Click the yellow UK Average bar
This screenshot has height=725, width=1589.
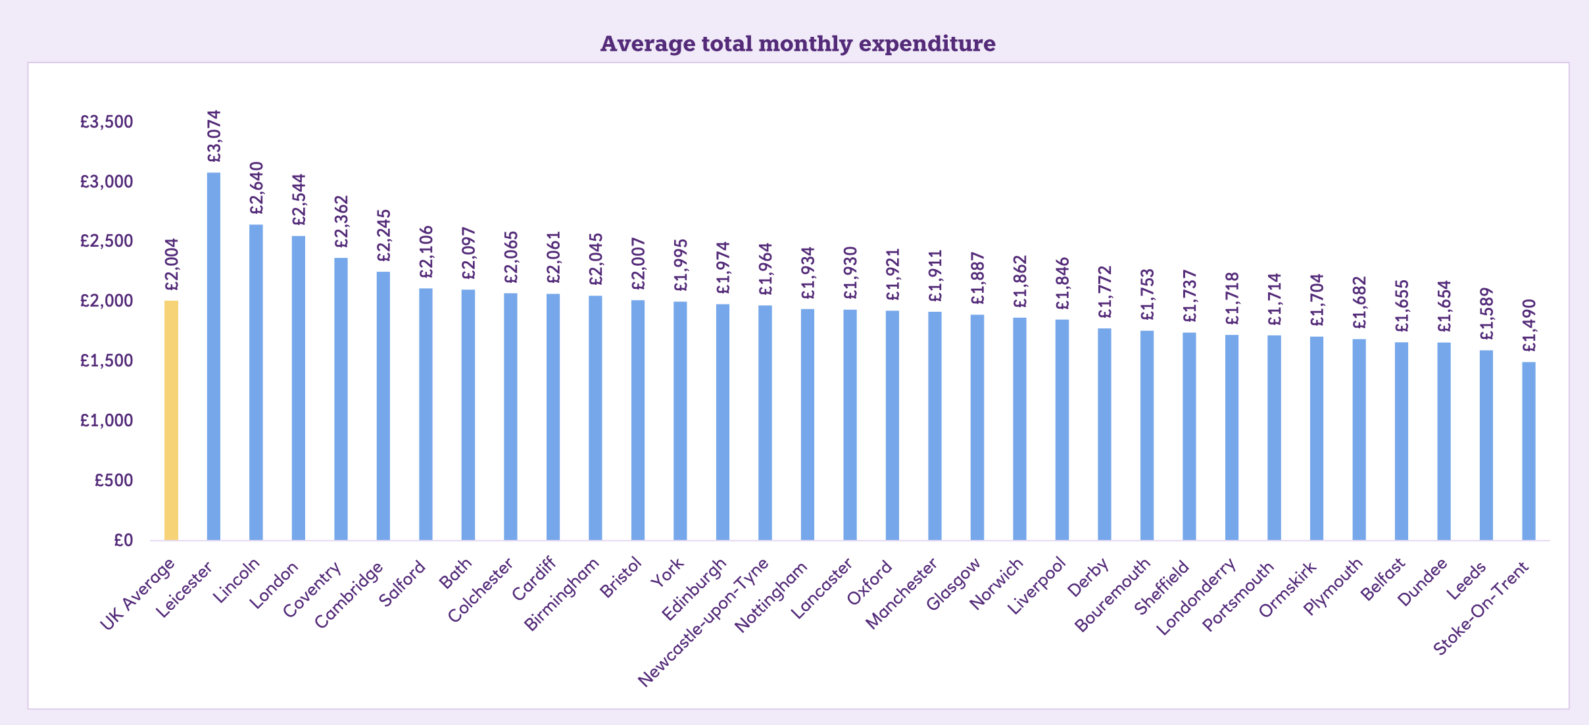point(171,421)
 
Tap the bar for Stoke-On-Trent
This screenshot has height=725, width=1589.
point(1528,451)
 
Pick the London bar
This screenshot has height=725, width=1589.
point(299,388)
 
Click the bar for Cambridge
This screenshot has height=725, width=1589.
point(383,406)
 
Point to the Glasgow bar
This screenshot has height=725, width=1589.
point(977,428)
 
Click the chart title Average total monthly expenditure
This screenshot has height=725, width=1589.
point(798,43)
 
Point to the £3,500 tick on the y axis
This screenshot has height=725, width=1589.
point(107,122)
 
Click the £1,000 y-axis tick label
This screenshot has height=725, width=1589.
point(107,420)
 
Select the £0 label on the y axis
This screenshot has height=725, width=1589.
point(123,540)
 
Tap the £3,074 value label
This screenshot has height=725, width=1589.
point(214,136)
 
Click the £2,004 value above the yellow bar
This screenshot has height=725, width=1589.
point(172,264)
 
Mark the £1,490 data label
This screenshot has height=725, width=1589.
point(1529,326)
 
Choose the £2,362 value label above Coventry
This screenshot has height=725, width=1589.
point(341,222)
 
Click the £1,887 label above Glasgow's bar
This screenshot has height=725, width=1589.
point(978,278)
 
